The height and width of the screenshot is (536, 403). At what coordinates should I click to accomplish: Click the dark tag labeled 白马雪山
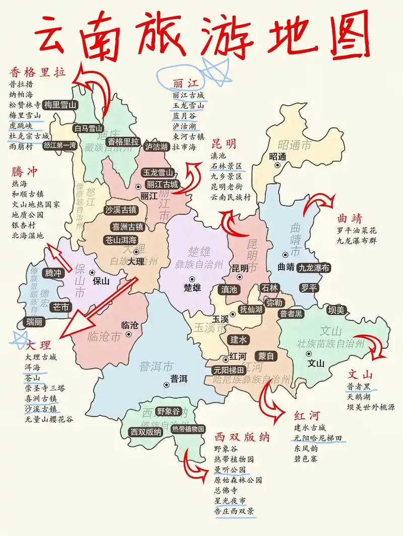click(x=89, y=128)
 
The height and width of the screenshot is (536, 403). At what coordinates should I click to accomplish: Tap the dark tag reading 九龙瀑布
click(x=314, y=268)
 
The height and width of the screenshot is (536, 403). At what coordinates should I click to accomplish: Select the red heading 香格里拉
click(x=38, y=72)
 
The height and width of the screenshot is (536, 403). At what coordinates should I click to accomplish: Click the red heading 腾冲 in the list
click(x=25, y=172)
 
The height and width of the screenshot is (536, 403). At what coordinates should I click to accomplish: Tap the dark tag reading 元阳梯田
click(x=229, y=370)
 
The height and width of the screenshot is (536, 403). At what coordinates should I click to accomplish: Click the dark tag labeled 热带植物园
click(x=188, y=429)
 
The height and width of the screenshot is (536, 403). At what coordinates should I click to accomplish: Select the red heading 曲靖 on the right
click(x=350, y=218)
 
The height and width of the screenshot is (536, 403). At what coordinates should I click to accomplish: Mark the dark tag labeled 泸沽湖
click(x=156, y=146)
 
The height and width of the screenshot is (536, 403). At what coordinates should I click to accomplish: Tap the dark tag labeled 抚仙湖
click(x=251, y=310)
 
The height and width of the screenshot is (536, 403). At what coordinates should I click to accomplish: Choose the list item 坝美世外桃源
click(x=371, y=407)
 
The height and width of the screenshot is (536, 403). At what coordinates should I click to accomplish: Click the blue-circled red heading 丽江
click(x=185, y=83)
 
